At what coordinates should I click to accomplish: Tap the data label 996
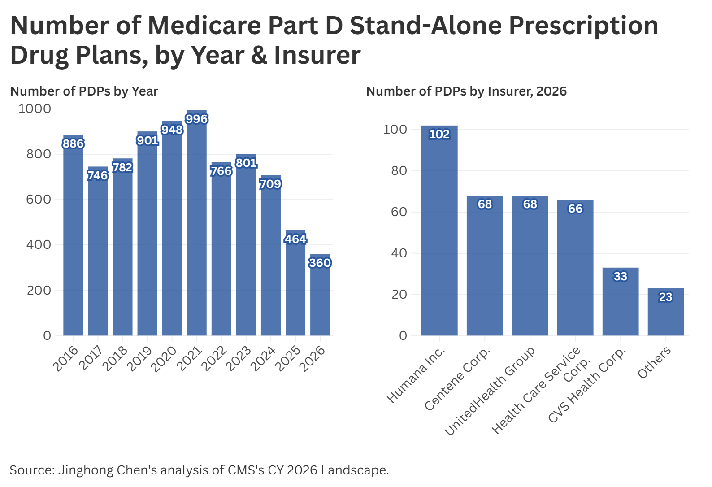(x=196, y=119)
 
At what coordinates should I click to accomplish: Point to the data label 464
(x=295, y=239)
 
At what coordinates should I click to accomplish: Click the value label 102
(x=439, y=134)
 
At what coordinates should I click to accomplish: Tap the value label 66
(x=575, y=209)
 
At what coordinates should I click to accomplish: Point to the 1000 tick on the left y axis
(x=35, y=109)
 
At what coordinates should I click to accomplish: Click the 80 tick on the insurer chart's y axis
(x=399, y=170)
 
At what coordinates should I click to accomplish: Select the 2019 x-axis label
(x=139, y=359)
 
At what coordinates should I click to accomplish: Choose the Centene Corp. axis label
(x=457, y=379)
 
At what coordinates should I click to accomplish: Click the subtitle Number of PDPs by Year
(x=84, y=91)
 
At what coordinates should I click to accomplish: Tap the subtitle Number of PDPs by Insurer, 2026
(x=466, y=91)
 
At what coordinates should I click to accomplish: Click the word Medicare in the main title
(x=204, y=25)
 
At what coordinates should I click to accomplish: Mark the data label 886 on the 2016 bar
(x=73, y=143)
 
